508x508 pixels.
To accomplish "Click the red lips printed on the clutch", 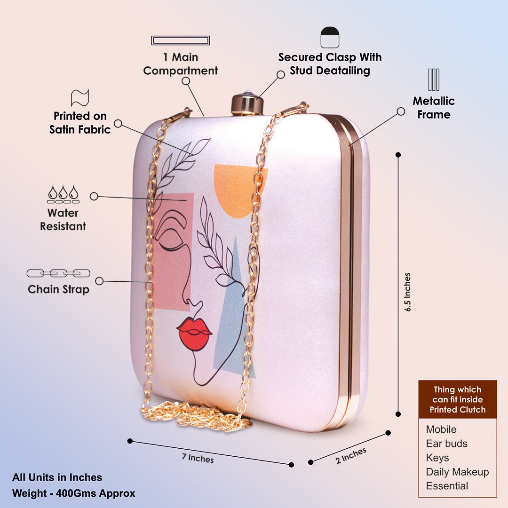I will pos(194,333).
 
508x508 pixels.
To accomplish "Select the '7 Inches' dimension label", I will pos(198,457).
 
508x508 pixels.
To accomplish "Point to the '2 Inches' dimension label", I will pos(351,455).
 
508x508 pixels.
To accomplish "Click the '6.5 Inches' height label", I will pos(407,292).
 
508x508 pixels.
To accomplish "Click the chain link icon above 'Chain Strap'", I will pos(58,273).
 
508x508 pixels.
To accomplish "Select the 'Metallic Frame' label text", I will pos(434,108).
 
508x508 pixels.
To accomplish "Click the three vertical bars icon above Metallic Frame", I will pos(434,79).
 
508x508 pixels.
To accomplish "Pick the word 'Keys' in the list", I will pos(437,458).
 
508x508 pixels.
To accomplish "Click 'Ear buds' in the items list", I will pos(446,444).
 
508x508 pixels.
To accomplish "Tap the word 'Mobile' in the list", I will pos(441,429).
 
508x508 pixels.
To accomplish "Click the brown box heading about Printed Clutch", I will pos(457,399).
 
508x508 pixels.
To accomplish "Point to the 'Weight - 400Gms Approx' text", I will pos(74,493).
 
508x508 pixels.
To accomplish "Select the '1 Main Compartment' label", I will pos(181,64).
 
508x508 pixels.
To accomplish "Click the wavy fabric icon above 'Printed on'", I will pos(80,97).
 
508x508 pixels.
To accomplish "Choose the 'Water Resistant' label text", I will pos(63,220).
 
